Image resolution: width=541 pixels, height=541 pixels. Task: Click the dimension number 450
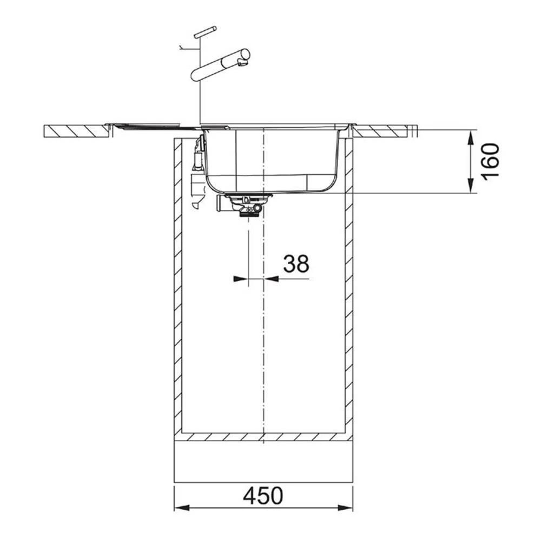point(263,496)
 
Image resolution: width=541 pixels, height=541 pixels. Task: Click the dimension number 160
point(490,161)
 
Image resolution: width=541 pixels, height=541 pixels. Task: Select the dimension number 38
point(296,264)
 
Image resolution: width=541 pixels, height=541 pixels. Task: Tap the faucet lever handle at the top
point(205,32)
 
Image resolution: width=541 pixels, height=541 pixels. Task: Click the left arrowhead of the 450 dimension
point(182,508)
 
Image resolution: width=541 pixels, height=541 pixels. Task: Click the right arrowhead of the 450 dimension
point(345,508)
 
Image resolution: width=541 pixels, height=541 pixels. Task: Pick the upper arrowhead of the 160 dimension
point(470,137)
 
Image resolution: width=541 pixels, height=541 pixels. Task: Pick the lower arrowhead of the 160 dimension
point(470,186)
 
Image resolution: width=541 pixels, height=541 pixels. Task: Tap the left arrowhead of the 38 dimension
point(241,279)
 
